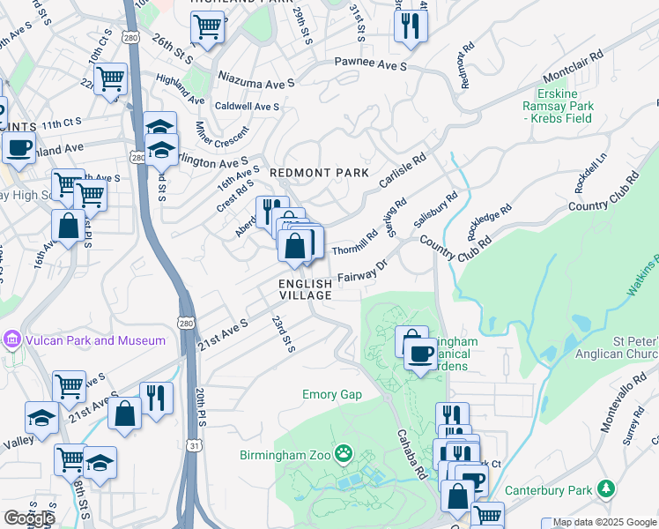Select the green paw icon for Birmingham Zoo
pos(344,455)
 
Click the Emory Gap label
pos(332,394)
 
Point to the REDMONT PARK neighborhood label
pos(318,173)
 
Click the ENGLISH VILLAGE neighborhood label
pos(306,289)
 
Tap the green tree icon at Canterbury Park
pos(605,488)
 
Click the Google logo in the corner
pos(29,518)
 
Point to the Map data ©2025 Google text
pos(605,522)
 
